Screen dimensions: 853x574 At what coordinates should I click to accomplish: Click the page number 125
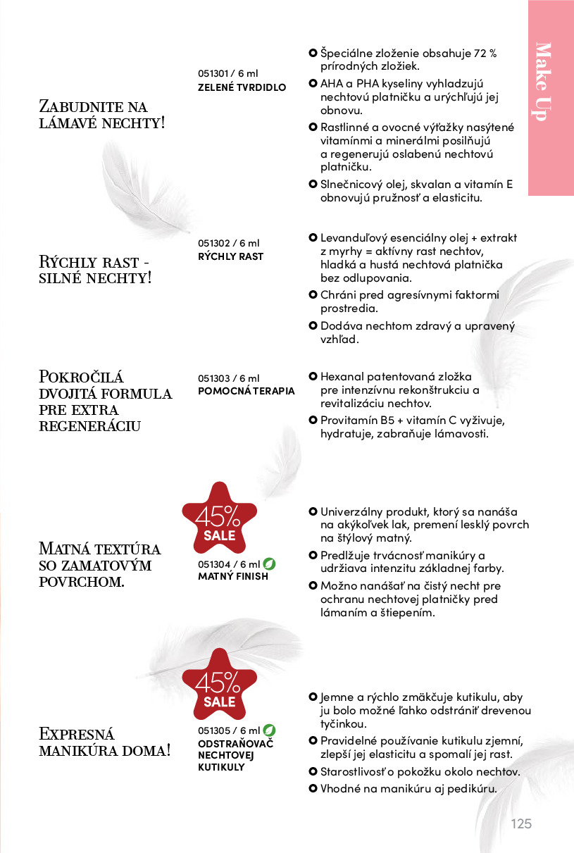[521, 823]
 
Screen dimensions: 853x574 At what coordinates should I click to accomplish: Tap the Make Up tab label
[542, 81]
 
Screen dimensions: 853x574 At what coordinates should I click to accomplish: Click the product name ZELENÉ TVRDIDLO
[242, 87]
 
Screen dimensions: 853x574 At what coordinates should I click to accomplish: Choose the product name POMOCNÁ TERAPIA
[246, 391]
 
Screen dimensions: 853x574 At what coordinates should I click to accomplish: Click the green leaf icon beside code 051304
[269, 564]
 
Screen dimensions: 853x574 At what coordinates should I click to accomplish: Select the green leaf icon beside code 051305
[269, 730]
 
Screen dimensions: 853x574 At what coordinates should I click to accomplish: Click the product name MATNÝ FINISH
[233, 576]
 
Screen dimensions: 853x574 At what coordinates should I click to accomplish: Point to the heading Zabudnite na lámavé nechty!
[102, 115]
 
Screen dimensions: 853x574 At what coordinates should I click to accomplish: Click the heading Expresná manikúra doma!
[104, 742]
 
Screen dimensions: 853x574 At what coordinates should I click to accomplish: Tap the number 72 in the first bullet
[480, 53]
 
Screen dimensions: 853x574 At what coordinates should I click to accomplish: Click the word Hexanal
[342, 377]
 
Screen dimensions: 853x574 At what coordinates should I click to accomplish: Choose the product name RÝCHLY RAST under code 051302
[230, 256]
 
